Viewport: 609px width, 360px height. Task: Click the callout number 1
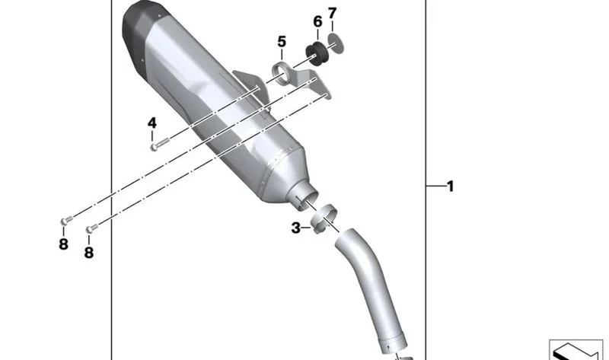pyautogui.click(x=450, y=186)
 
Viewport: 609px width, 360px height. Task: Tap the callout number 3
pyautogui.click(x=296, y=228)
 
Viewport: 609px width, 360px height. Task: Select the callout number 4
pyautogui.click(x=151, y=123)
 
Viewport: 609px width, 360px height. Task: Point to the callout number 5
pyautogui.click(x=282, y=42)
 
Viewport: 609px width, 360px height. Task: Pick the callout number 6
pyautogui.click(x=317, y=22)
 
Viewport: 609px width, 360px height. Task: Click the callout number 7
pyautogui.click(x=332, y=14)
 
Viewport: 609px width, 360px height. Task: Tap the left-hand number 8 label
pyautogui.click(x=63, y=244)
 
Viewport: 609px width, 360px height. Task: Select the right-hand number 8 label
pyautogui.click(x=89, y=253)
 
